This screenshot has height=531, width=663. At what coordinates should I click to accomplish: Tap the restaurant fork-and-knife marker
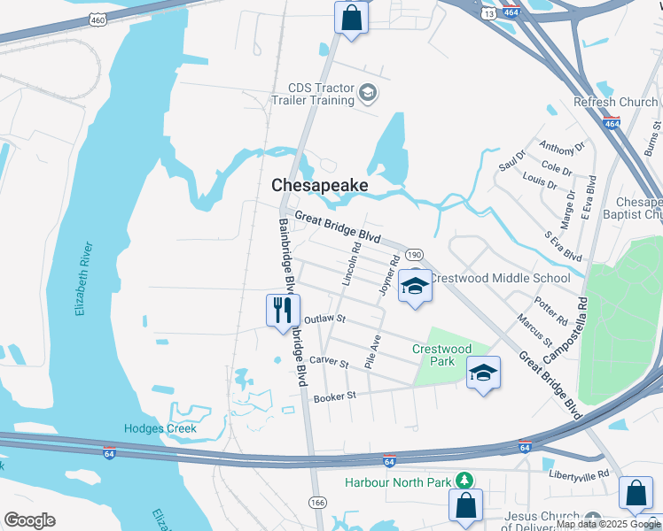283,311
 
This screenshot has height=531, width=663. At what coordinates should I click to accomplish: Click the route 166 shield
316,503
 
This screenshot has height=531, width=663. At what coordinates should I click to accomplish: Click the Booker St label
333,397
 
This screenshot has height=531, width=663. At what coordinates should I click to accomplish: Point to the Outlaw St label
324,319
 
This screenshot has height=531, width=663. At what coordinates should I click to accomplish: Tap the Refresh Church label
616,103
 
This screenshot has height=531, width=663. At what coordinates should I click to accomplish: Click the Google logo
29,520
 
